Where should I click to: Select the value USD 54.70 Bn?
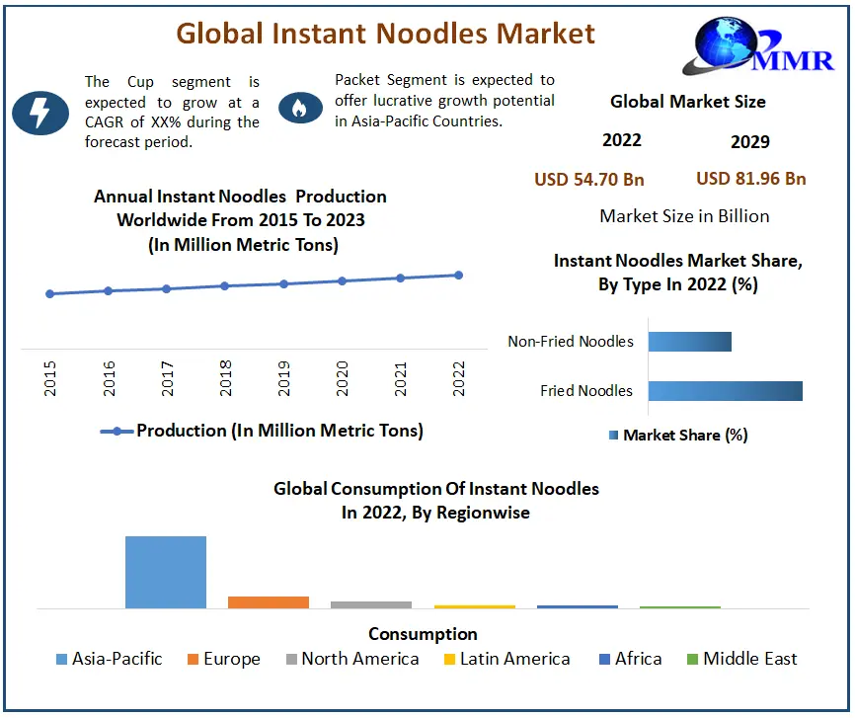589,179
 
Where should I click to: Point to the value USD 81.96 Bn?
751,179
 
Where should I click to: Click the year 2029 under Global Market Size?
750,142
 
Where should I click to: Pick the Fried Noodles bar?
725,390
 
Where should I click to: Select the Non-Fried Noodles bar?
689,341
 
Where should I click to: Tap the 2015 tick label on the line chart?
50,379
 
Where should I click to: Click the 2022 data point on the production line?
459,275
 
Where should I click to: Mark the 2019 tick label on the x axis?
284,379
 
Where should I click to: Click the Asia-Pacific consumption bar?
166,572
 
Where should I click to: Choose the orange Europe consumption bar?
269,601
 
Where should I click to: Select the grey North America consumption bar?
371,604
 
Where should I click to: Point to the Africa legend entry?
630,659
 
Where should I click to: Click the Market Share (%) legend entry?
679,435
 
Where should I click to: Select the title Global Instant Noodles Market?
385,34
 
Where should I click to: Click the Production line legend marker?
117,431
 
